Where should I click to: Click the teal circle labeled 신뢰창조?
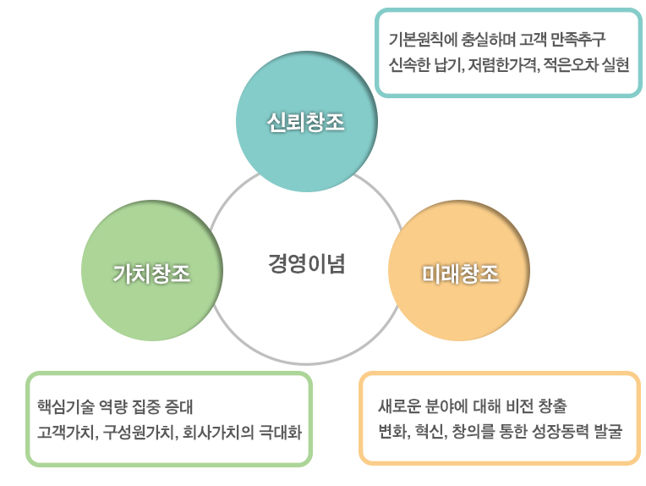tap(307, 121)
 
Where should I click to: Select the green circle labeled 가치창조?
tap(152, 271)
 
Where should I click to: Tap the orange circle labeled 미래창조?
tap(459, 271)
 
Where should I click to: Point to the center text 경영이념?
tap(307, 263)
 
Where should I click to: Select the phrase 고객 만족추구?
tap(562, 40)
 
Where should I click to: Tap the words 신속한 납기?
tap(426, 65)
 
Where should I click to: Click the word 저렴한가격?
tap(502, 65)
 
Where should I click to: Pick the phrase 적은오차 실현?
tap(586, 65)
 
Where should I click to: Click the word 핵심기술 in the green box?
tap(66, 406)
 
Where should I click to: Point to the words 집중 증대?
tap(162, 406)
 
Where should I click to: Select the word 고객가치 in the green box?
tap(67, 433)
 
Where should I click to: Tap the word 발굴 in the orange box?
tap(608, 432)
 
